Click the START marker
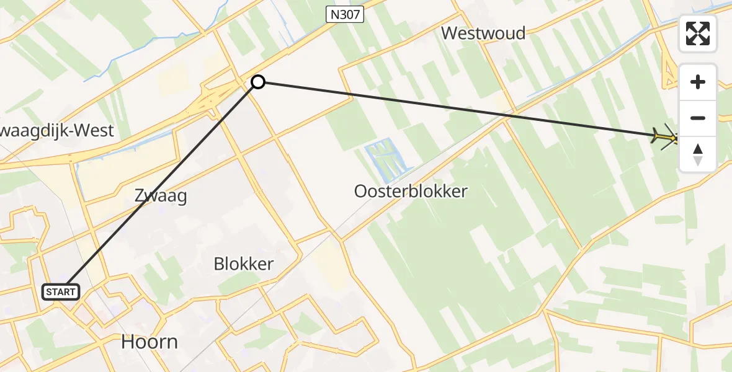coord(60,291)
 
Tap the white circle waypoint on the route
coord(257,82)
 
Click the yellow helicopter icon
coord(667,136)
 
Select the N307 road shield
coord(344,15)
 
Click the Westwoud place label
coord(483,33)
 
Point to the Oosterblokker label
coord(410,192)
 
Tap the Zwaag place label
coord(161,197)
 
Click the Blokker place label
coord(243,264)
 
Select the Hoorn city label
coord(149,342)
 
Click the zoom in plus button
coord(698,82)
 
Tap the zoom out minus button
coord(698,118)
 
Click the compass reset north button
coord(698,154)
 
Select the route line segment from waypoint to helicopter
coord(459,108)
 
